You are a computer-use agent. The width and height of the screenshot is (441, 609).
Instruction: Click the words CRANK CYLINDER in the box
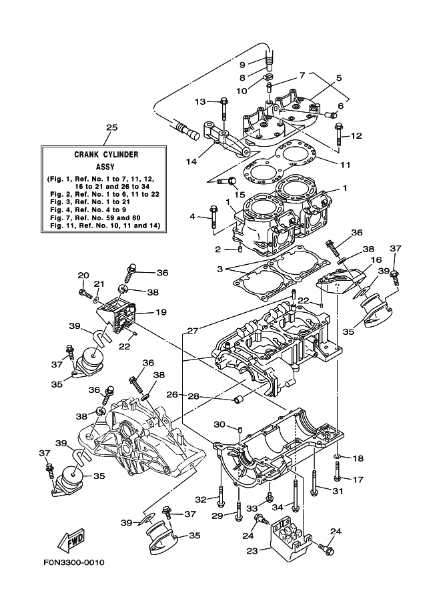[106, 155]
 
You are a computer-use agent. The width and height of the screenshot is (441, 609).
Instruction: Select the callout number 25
[111, 128]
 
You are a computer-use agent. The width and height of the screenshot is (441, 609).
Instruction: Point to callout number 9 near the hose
[242, 65]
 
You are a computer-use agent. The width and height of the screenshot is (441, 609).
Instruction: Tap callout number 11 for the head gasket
[345, 165]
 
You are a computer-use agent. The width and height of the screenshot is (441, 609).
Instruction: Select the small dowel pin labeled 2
[240, 249]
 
